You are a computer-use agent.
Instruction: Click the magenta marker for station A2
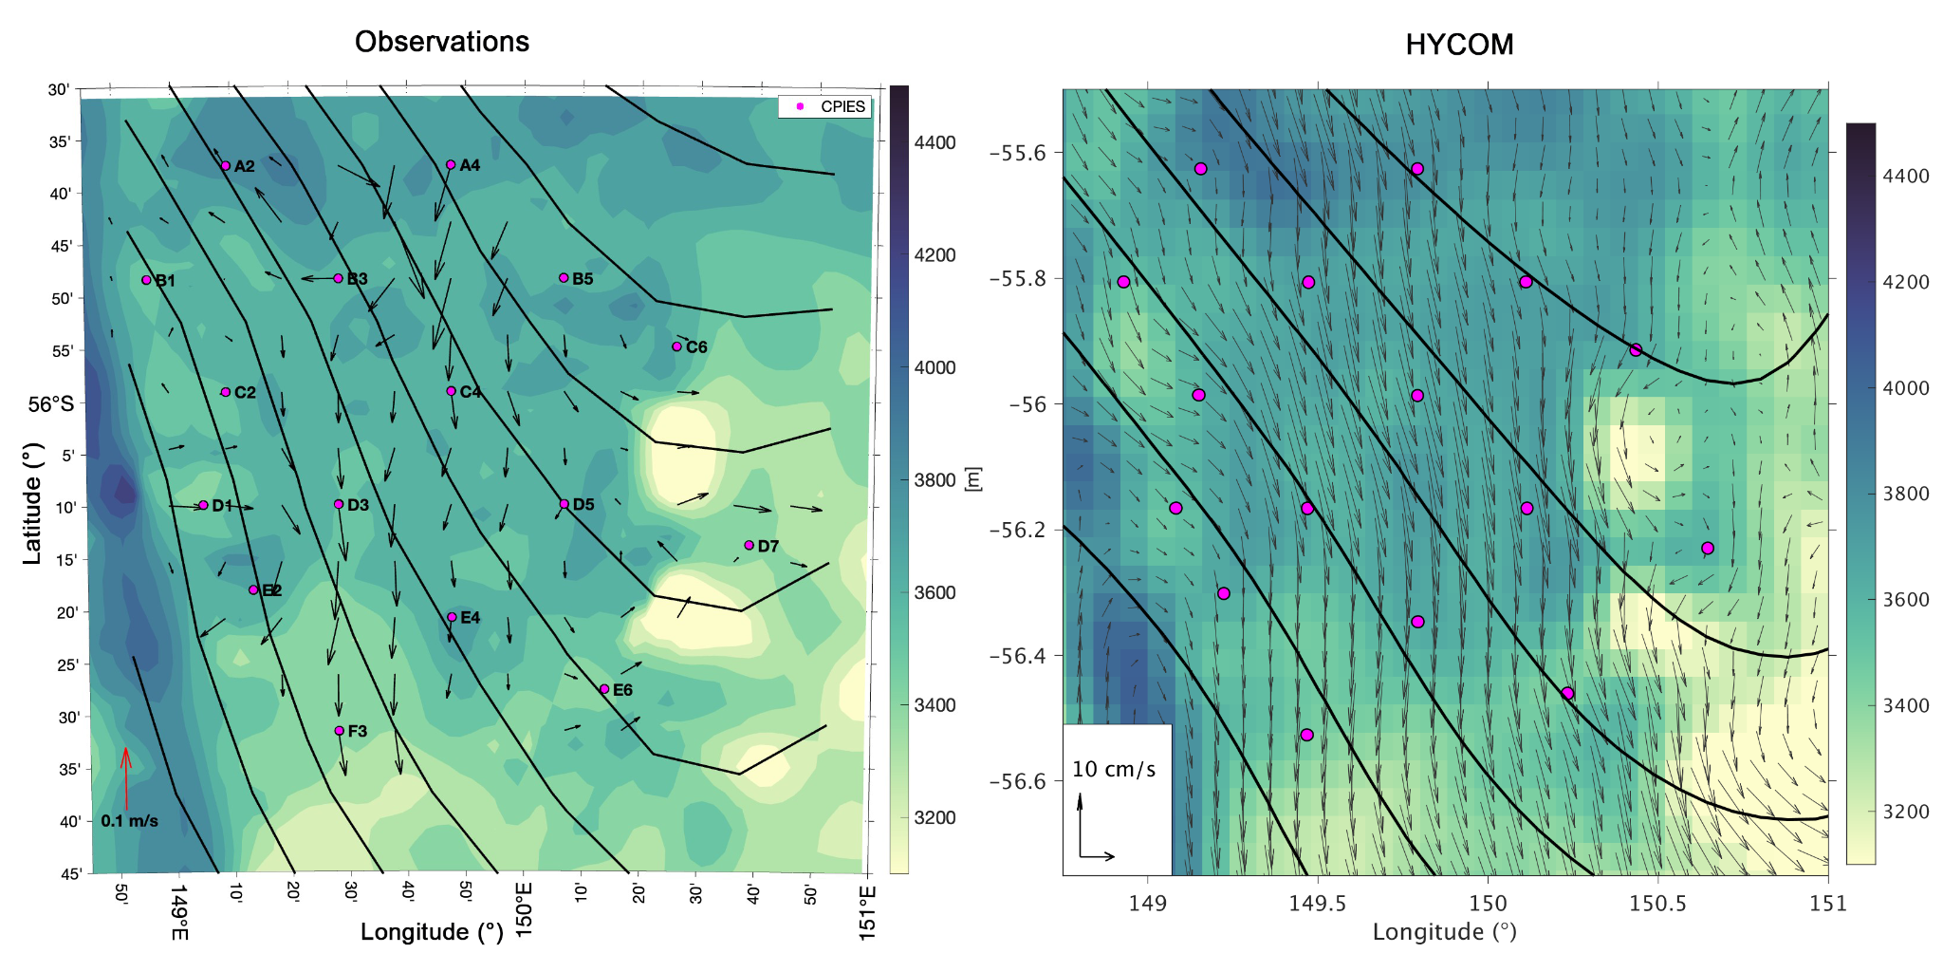(226, 166)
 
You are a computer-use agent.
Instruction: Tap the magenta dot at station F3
(340, 731)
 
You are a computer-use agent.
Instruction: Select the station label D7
(768, 547)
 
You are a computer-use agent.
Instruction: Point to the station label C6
(696, 347)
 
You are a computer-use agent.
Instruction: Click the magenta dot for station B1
(147, 280)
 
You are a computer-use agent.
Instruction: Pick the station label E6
(622, 690)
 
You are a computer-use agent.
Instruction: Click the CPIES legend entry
(825, 106)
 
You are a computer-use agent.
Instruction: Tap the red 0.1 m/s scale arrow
(125, 777)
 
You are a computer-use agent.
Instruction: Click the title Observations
(442, 42)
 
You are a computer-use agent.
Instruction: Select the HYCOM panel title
(1459, 45)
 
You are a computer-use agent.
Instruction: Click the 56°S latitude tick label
(50, 404)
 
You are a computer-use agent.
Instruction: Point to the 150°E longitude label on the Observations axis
(524, 910)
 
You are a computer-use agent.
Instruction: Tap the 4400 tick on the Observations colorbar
(934, 142)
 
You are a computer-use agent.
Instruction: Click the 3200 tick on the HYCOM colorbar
(1906, 812)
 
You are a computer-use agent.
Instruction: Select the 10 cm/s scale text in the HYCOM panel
(1114, 769)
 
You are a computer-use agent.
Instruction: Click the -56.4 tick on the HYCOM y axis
(1021, 656)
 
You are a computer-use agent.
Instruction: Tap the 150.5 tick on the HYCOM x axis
(1657, 903)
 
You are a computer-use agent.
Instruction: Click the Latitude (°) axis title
(33, 504)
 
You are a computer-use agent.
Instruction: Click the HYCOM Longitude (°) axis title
(1445, 932)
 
